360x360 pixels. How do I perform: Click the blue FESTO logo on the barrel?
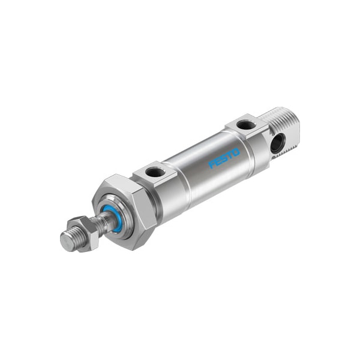(224, 158)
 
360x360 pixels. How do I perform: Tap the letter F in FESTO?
(212, 164)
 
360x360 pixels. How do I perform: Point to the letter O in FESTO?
(236, 152)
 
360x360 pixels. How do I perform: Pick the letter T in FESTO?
(230, 155)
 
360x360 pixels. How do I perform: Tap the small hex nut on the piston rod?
(84, 233)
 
